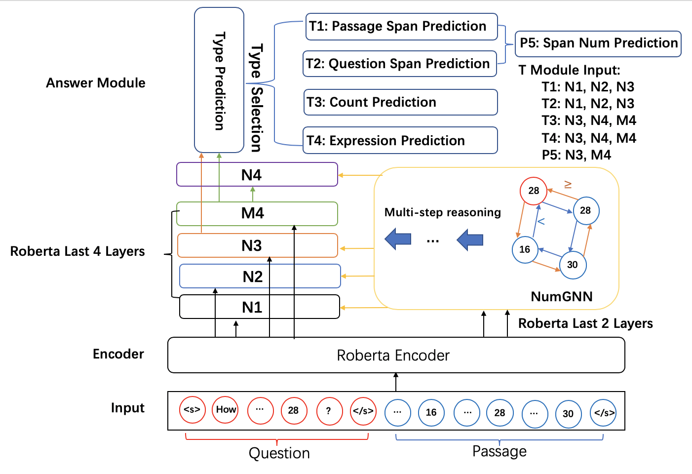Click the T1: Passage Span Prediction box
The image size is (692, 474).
(x=402, y=27)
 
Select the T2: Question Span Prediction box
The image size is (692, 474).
(x=400, y=64)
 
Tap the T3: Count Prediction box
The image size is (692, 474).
(x=401, y=102)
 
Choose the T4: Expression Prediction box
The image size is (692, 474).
(x=400, y=140)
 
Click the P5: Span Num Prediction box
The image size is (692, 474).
(x=598, y=43)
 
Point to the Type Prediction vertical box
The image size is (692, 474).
(x=219, y=80)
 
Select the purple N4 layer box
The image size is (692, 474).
(x=257, y=174)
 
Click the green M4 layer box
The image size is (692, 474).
(x=257, y=213)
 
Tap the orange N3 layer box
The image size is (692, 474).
(x=258, y=245)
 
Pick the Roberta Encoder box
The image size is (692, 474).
(x=396, y=355)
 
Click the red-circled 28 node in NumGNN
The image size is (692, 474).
(x=534, y=191)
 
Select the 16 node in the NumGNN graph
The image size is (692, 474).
(x=525, y=250)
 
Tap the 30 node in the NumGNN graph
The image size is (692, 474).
(x=573, y=265)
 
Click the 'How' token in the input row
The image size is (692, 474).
(x=226, y=410)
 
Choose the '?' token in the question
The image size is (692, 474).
(x=329, y=411)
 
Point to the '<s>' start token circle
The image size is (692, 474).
(x=192, y=410)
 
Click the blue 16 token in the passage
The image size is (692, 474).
(x=431, y=412)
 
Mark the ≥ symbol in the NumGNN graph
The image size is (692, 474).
(x=568, y=185)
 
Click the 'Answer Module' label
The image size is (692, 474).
(x=96, y=83)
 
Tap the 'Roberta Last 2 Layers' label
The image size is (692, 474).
(x=585, y=323)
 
